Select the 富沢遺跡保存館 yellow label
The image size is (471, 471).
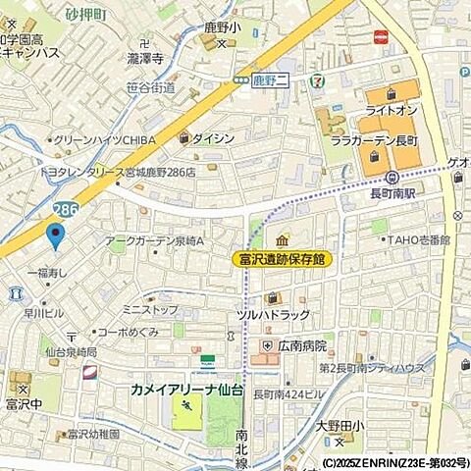coord(282,259)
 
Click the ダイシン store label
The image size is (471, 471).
coord(213,138)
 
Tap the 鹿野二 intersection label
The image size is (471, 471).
coord(266,77)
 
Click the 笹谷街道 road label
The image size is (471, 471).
coord(151,87)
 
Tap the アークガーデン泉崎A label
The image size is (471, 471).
coord(153,240)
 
